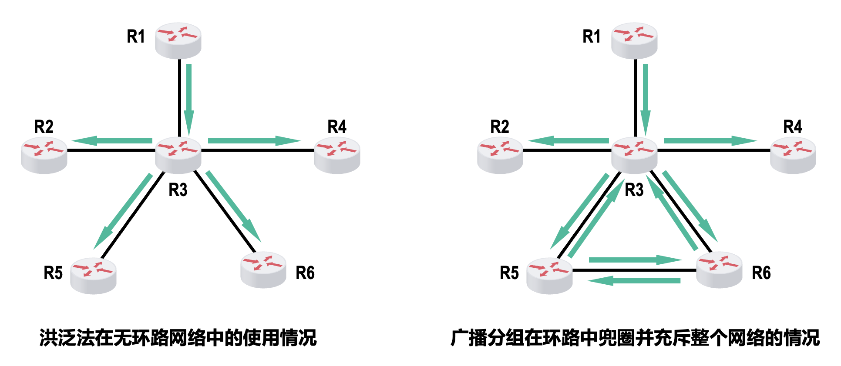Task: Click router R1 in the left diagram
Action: [178, 40]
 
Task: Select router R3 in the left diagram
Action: [178, 154]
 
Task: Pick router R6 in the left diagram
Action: [263, 269]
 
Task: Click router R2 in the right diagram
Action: [500, 155]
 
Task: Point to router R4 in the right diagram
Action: [793, 155]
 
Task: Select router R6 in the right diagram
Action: [719, 269]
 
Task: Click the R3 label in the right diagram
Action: [634, 190]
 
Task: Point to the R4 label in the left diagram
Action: [337, 127]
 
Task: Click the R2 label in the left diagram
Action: [44, 127]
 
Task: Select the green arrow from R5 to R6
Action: [634, 260]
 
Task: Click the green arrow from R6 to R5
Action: [634, 281]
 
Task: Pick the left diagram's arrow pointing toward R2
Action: [112, 140]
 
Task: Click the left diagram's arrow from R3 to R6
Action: [233, 206]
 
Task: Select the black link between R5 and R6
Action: [634, 270]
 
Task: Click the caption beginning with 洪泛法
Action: [178, 338]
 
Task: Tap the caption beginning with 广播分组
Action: [635, 338]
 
